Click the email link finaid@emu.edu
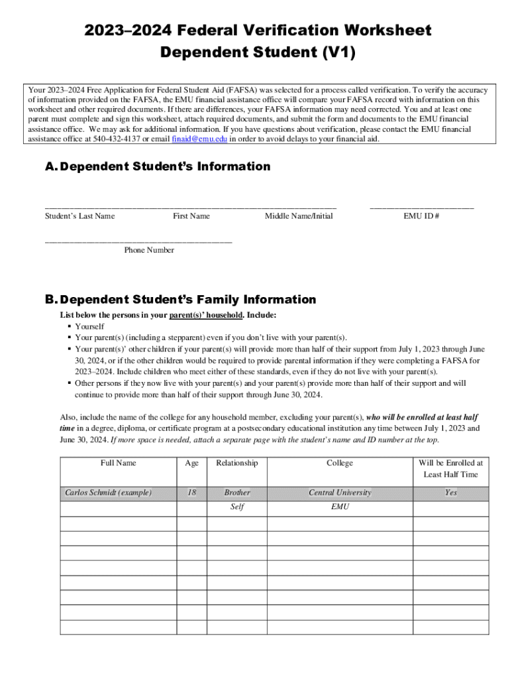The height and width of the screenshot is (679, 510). pyautogui.click(x=199, y=139)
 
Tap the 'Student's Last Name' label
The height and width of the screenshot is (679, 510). pyautogui.click(x=79, y=216)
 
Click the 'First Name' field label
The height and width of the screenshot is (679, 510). pyautogui.click(x=191, y=216)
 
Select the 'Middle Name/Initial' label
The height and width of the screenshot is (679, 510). pyautogui.click(x=299, y=216)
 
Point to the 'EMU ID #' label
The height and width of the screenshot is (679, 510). pyautogui.click(x=421, y=216)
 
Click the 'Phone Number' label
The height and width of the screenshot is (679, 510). pyautogui.click(x=149, y=250)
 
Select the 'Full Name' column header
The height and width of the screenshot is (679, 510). pyautogui.click(x=118, y=463)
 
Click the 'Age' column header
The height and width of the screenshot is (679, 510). pyautogui.click(x=191, y=463)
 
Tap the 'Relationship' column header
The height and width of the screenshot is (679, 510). pyautogui.click(x=237, y=463)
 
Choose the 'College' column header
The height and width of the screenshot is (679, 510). pyautogui.click(x=340, y=463)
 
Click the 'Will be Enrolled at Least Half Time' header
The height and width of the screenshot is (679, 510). pyautogui.click(x=450, y=469)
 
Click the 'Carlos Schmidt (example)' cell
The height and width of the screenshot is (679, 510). pyautogui.click(x=108, y=493)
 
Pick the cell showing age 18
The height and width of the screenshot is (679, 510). pyautogui.click(x=191, y=493)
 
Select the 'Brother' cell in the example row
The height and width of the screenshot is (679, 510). pyautogui.click(x=237, y=493)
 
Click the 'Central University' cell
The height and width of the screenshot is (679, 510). pyautogui.click(x=340, y=493)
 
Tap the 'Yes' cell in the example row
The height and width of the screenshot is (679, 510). pyautogui.click(x=450, y=493)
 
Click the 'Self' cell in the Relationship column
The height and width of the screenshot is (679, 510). pyautogui.click(x=237, y=507)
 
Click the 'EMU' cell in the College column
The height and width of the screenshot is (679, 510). pyautogui.click(x=340, y=507)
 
